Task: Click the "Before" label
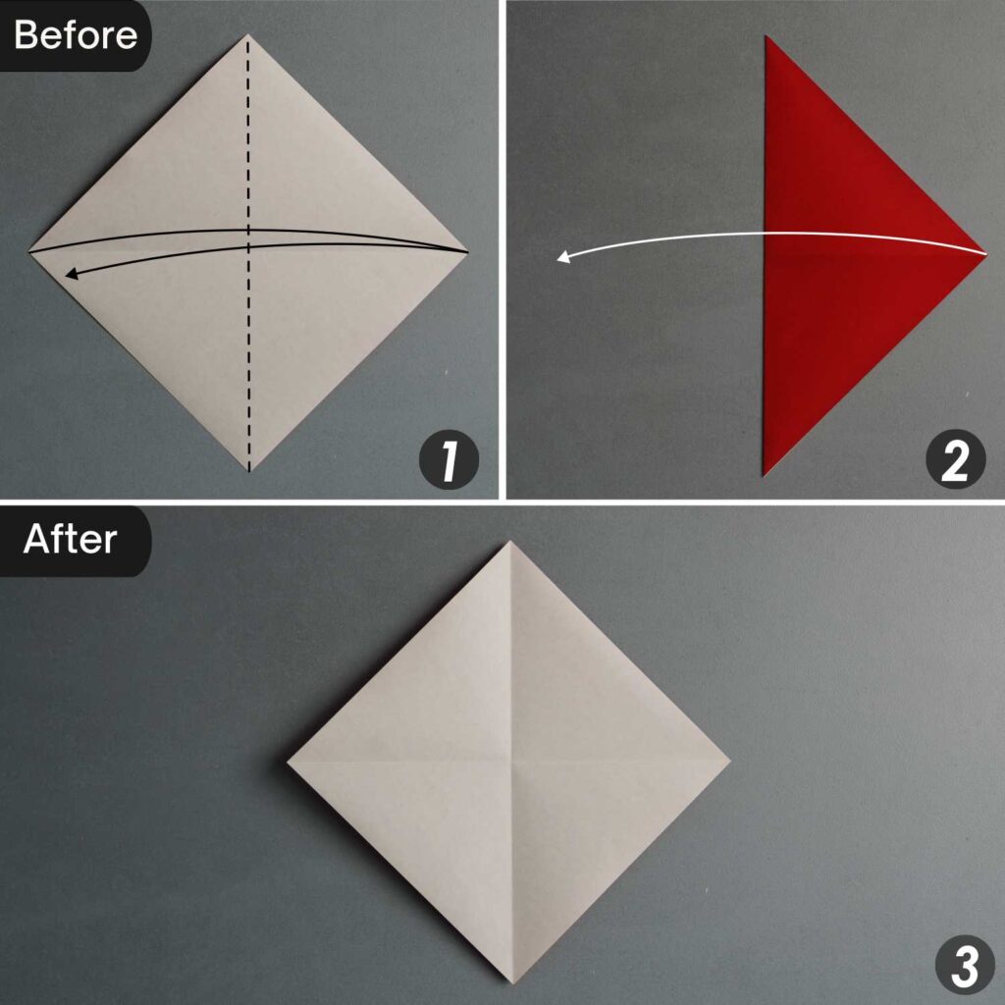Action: [76, 35]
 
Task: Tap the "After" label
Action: [71, 539]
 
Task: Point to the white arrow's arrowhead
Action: [561, 258]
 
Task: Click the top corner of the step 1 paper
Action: [248, 36]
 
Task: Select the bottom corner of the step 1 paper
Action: [248, 470]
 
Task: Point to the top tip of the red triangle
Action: [767, 37]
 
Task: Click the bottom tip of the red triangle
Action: [765, 475]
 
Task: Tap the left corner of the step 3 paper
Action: [289, 761]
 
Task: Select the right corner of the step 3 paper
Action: [730, 761]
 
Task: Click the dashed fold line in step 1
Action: [248, 147]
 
